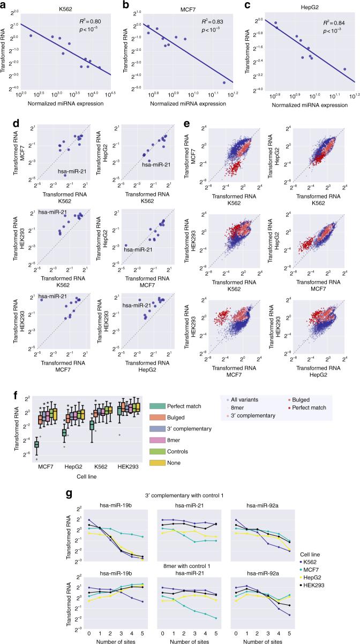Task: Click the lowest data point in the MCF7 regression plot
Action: [x=223, y=82]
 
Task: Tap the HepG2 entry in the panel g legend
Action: [x=332, y=571]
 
